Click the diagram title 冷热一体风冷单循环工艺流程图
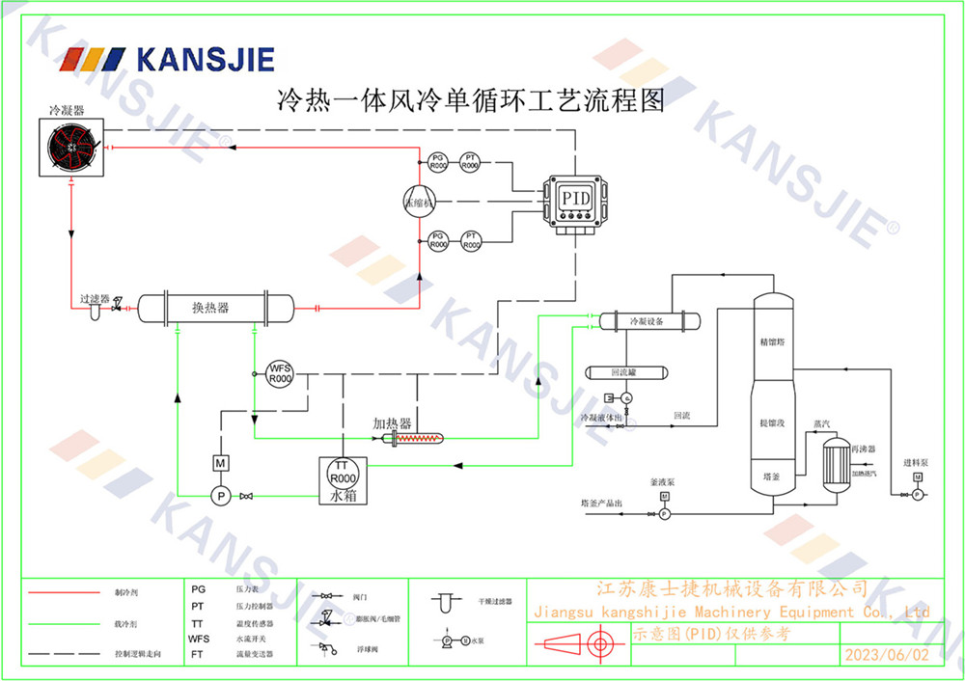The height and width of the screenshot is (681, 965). click(472, 101)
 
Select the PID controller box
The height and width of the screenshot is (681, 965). click(575, 199)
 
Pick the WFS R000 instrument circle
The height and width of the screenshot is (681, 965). click(280, 373)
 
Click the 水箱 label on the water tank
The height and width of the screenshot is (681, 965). click(344, 497)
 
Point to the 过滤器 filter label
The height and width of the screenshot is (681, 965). click(95, 299)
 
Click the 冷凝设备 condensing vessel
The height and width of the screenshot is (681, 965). click(648, 321)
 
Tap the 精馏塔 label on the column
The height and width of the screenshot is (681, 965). click(772, 342)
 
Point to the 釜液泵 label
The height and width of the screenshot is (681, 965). click(663, 480)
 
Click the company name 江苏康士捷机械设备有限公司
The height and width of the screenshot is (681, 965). click(732, 588)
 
